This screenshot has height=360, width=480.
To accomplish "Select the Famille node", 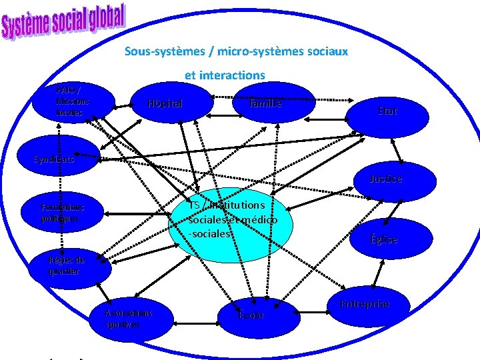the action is tap(265, 103).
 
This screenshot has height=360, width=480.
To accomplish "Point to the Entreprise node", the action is tap(365, 305).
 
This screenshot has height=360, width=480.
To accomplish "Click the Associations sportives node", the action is tap(130, 318).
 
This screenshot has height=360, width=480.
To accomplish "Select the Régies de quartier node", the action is tap(67, 265).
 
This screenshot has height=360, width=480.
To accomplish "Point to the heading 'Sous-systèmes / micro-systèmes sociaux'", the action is tap(236, 51).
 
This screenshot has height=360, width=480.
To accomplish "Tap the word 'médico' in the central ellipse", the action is tap(260, 219).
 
